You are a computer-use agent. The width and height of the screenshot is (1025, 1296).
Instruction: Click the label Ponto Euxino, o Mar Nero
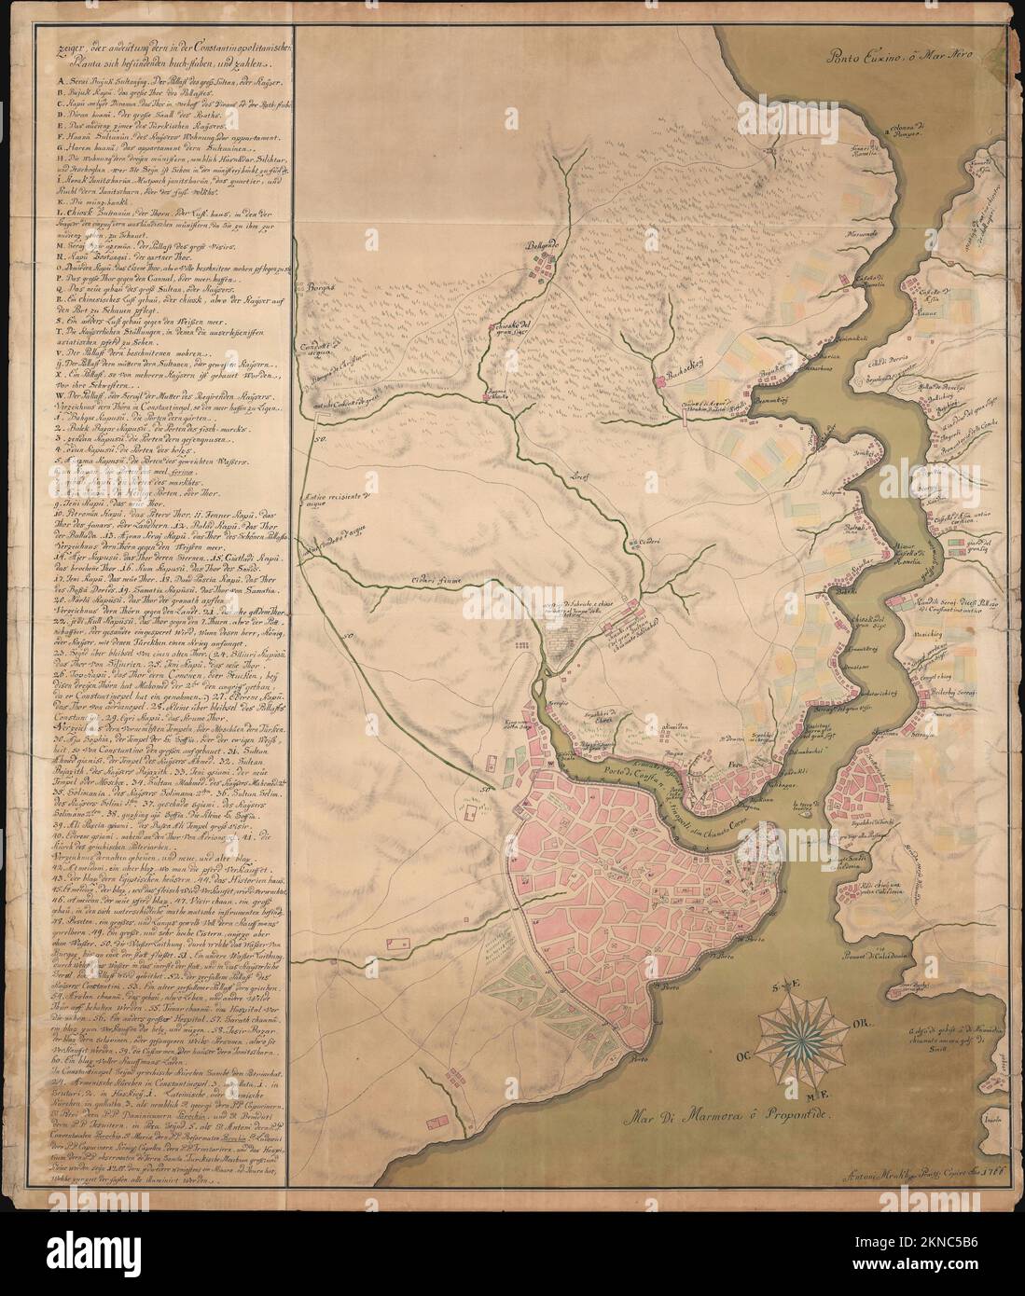pyautogui.click(x=897, y=55)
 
